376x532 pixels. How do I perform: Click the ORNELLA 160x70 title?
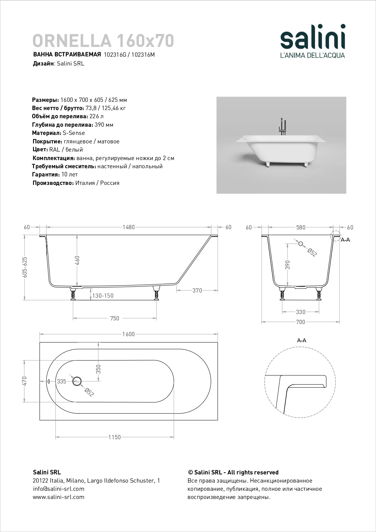tap(103, 41)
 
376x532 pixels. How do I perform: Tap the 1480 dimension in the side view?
tap(129, 227)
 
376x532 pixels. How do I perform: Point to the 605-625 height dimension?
tap(25, 267)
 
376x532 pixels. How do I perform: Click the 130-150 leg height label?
tap(103, 296)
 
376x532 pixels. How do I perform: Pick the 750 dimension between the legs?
tap(115, 318)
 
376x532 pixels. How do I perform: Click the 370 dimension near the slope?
tap(197, 290)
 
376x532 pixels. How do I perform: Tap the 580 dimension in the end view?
tap(301, 227)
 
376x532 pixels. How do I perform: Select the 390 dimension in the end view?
tap(288, 265)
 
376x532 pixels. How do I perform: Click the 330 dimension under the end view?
tap(300, 312)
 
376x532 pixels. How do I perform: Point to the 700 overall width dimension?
tap(300, 322)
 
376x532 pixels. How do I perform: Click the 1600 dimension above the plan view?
tap(129, 334)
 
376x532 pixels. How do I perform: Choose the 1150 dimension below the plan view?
tap(115, 437)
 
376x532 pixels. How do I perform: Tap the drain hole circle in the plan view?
tap(77, 381)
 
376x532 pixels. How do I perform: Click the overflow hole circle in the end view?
tap(301, 244)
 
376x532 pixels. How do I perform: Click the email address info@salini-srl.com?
tap(59, 489)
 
